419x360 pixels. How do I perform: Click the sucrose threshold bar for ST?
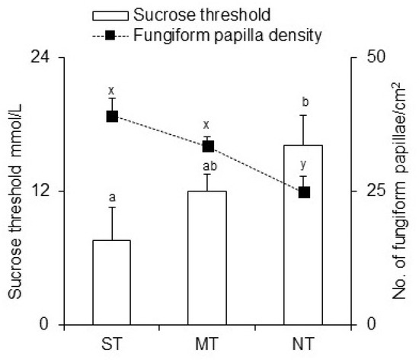[111, 282]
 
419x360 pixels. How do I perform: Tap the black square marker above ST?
[112, 116]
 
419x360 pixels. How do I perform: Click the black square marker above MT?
[208, 146]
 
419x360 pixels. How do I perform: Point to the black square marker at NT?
[304, 192]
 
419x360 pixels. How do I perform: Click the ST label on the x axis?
[111, 340]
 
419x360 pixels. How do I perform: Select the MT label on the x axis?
[207, 340]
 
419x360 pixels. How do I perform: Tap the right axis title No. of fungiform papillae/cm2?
[397, 191]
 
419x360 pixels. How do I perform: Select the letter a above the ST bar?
[112, 198]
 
